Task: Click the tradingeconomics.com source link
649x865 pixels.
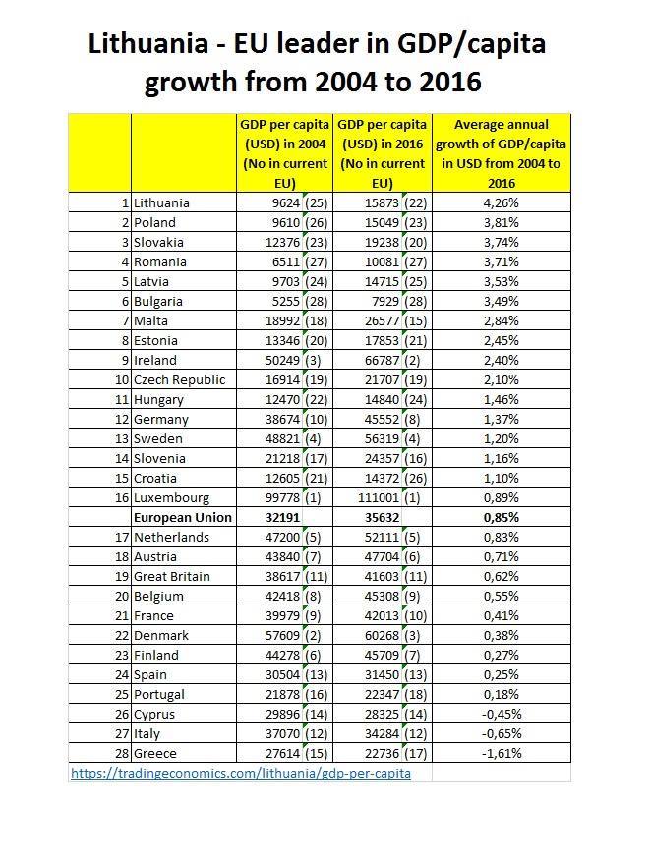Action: click(x=241, y=773)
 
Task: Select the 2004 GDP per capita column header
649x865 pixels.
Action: click(x=284, y=153)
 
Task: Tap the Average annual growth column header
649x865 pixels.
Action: click(x=501, y=153)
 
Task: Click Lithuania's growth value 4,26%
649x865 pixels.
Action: click(x=501, y=202)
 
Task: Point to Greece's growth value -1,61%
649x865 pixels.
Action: click(x=501, y=753)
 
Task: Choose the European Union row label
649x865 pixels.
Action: click(x=183, y=517)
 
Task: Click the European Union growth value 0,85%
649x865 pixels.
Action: click(x=501, y=517)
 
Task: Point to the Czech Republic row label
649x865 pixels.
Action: click(x=180, y=379)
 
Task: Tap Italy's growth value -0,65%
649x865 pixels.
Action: click(x=501, y=733)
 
